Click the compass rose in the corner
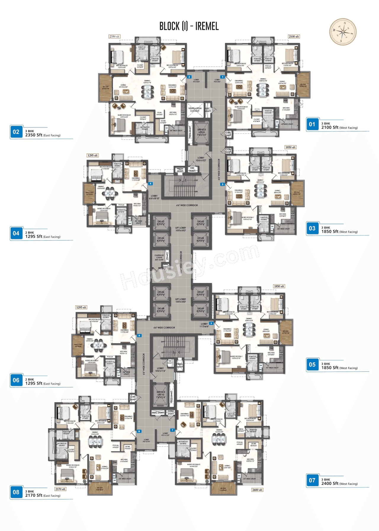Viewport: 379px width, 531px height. click(343, 32)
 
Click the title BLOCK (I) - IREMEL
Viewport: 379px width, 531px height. click(189, 26)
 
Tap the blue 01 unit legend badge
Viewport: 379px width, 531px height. click(312, 125)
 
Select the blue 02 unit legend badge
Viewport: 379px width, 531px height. click(16, 132)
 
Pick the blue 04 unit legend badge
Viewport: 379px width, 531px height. click(16, 233)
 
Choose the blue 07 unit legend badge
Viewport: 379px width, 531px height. click(312, 480)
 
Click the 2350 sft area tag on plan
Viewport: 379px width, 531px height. click(114, 37)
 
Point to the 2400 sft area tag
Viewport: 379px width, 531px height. click(257, 490)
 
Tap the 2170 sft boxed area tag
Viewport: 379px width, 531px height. click(60, 489)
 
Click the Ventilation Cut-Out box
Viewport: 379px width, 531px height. click(195, 110)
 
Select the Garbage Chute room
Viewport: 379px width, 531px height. click(159, 257)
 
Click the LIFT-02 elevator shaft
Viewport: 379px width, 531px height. click(161, 223)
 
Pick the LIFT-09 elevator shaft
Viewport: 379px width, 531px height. click(200, 310)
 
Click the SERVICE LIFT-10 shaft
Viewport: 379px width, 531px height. click(161, 395)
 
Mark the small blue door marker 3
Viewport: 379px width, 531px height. click(222, 184)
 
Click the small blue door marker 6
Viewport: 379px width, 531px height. click(139, 335)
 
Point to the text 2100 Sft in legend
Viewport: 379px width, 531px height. click(330, 127)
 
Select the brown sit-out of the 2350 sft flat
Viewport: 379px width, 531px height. click(105, 88)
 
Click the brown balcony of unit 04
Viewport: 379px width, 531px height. click(89, 193)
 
